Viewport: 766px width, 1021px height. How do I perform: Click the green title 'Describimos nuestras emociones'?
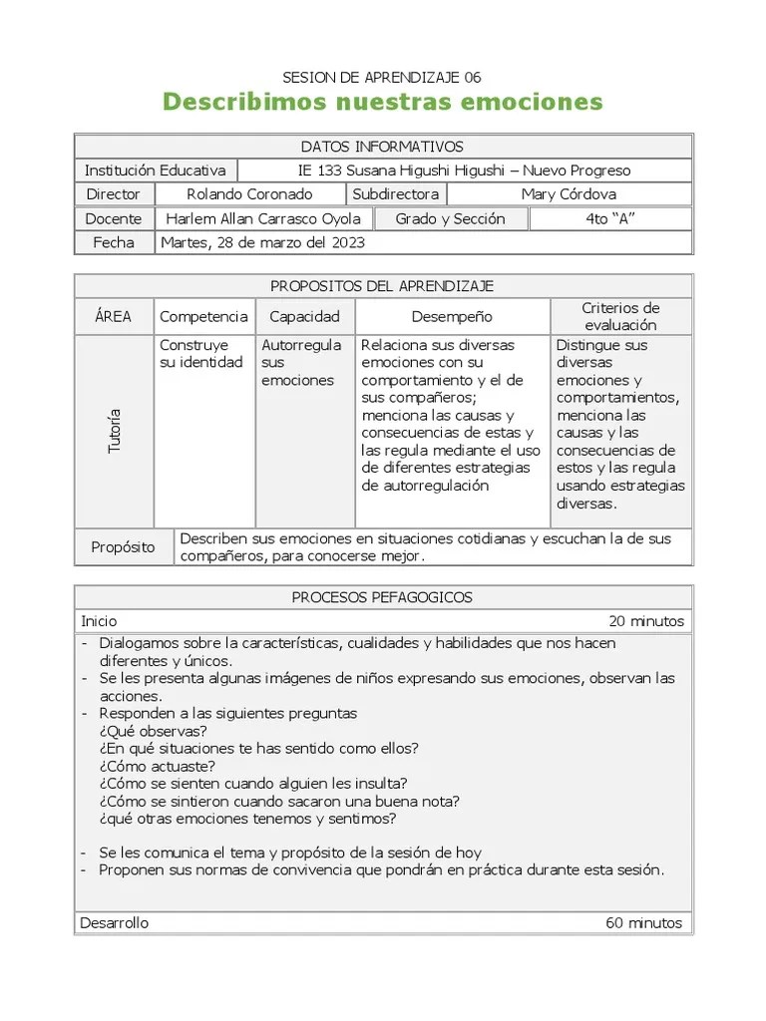point(382,102)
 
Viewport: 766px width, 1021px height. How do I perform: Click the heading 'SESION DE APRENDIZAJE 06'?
point(382,77)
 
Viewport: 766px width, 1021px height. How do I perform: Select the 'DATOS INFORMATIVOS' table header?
point(382,147)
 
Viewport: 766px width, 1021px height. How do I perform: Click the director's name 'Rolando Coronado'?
point(249,194)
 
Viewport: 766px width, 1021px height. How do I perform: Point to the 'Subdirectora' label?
point(396,194)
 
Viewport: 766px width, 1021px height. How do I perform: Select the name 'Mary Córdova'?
point(569,194)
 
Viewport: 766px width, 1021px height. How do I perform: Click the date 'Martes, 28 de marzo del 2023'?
point(262,242)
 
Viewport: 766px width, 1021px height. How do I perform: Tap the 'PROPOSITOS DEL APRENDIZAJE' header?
point(382,286)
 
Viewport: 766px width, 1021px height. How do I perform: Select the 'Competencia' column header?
point(203,316)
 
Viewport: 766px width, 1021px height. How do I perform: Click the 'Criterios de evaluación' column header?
point(620,316)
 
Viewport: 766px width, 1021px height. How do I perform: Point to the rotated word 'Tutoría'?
point(114,431)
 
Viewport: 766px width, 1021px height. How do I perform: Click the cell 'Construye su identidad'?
point(201,353)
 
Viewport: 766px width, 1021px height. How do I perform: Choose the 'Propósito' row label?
point(123,547)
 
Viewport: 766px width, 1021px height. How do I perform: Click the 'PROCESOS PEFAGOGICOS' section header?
point(382,597)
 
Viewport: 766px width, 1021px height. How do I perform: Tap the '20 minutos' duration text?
point(645,621)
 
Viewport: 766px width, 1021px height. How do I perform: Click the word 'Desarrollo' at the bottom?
point(115,922)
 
